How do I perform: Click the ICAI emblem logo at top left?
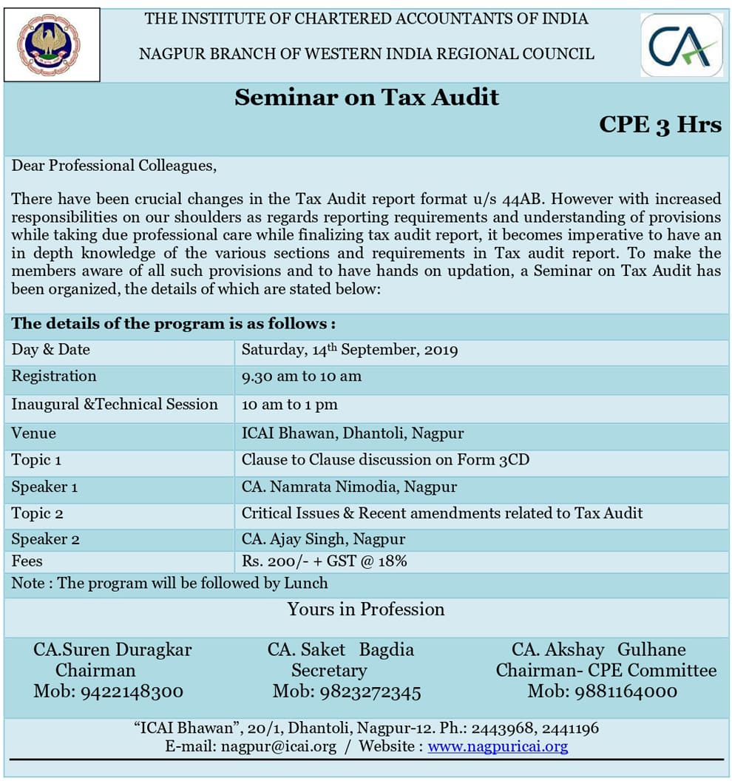click(x=51, y=44)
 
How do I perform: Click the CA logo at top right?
click(x=682, y=45)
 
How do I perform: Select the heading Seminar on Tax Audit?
click(x=367, y=98)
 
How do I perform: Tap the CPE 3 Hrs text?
click(x=660, y=124)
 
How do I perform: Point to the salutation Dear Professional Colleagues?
click(x=114, y=166)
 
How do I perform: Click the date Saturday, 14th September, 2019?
click(x=349, y=350)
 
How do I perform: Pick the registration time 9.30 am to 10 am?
click(x=302, y=376)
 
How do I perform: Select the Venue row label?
click(x=33, y=433)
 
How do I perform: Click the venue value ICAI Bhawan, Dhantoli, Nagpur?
click(x=353, y=433)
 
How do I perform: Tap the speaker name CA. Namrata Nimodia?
click(x=349, y=487)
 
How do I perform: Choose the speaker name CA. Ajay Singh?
click(x=323, y=539)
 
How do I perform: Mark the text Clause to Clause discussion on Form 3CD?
click(x=385, y=460)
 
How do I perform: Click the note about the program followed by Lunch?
click(x=169, y=583)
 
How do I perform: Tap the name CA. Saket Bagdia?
click(x=341, y=650)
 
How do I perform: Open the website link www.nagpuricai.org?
click(x=498, y=746)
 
